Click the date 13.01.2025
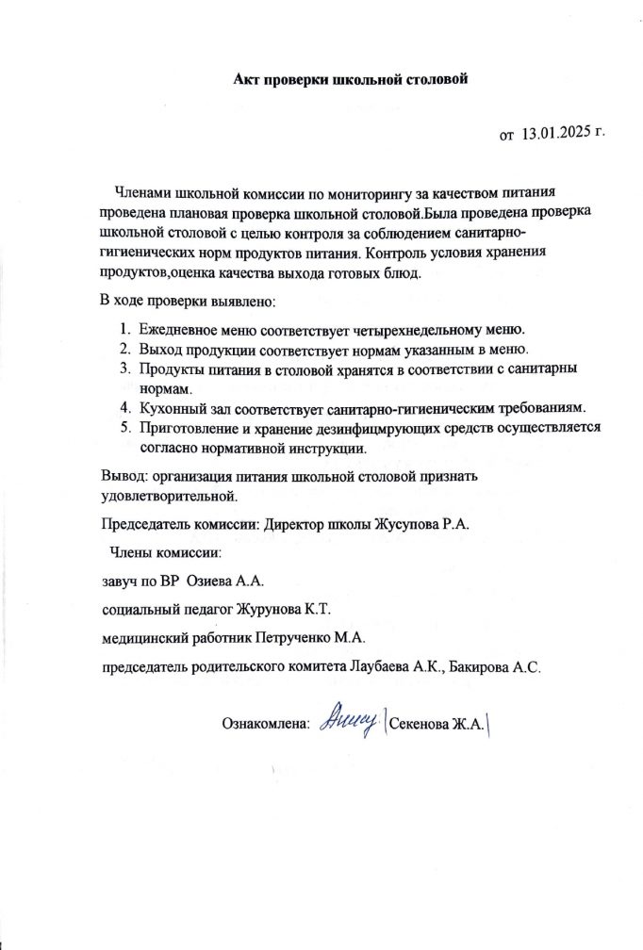559,135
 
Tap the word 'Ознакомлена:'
266,725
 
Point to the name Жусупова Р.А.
415,525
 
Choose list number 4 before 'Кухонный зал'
125,408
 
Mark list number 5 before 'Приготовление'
125,428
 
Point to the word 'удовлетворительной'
168,494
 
